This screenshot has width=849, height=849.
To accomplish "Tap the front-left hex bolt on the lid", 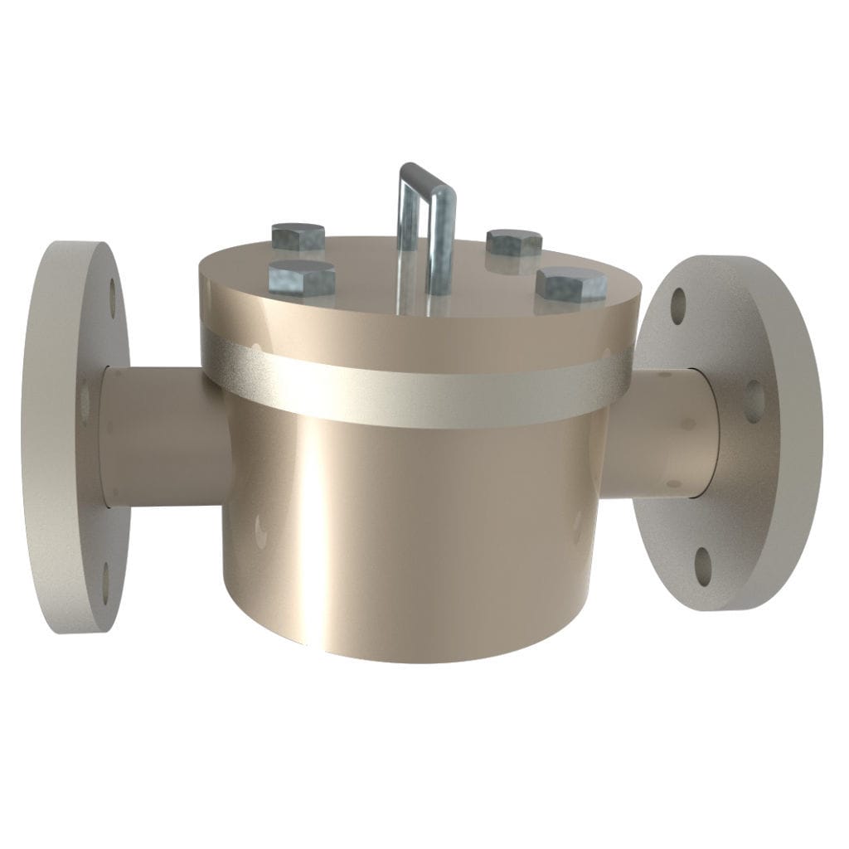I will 302,277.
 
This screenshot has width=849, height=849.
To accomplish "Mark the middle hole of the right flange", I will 754,396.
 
